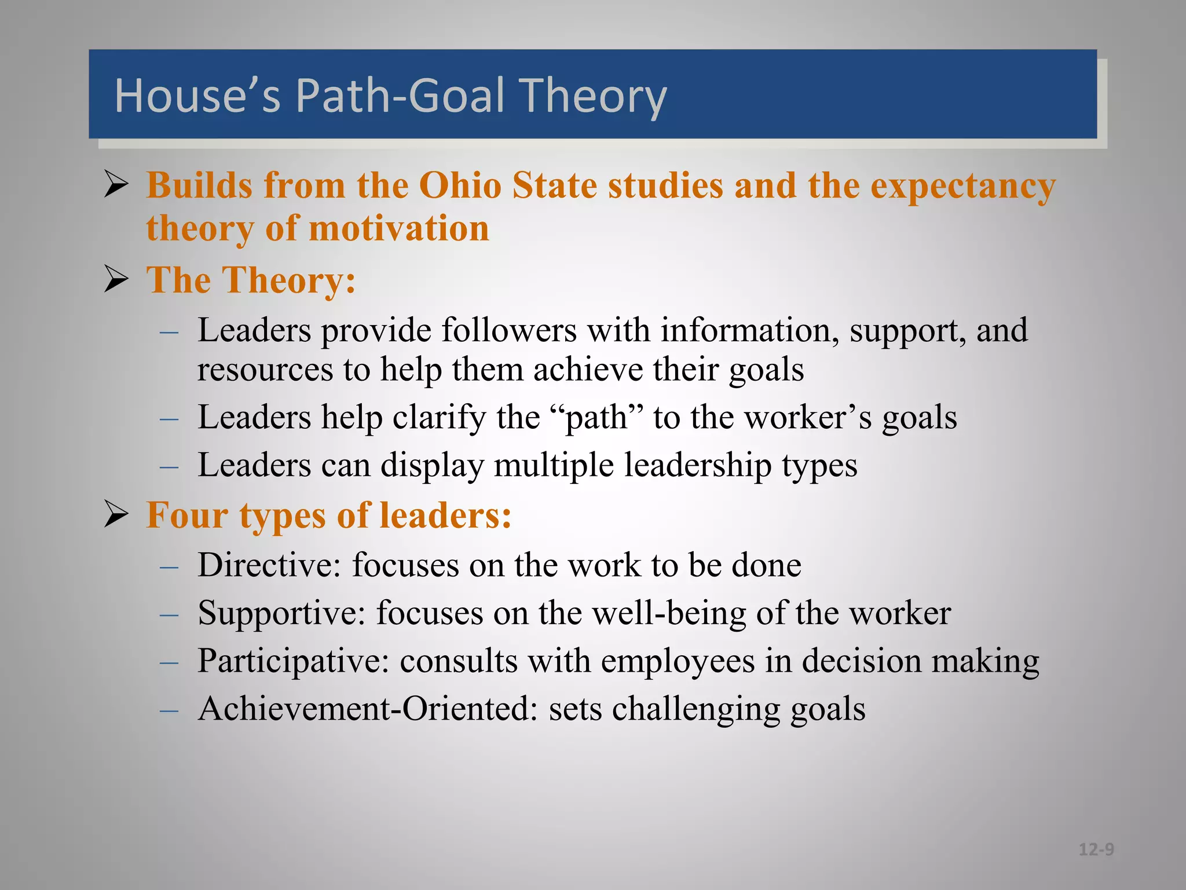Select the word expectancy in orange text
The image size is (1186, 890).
(x=963, y=187)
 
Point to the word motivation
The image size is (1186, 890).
(x=399, y=228)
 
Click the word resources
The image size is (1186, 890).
(x=265, y=370)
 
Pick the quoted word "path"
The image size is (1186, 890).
(x=596, y=417)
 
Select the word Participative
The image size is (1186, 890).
(x=293, y=661)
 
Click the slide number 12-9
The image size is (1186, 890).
(x=1096, y=849)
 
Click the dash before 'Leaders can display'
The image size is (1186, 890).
(x=169, y=466)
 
